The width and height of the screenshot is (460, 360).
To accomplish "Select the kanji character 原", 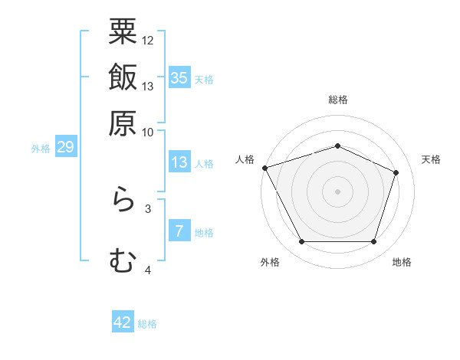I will (x=123, y=122).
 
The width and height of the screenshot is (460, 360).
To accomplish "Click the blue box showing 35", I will (x=179, y=78).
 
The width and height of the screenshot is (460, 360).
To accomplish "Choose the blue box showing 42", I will (x=123, y=322).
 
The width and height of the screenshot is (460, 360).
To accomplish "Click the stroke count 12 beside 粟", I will (x=148, y=40).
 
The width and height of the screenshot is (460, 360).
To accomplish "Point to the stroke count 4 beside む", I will (x=148, y=270).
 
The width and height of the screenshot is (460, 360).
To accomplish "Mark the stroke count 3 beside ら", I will (x=148, y=208).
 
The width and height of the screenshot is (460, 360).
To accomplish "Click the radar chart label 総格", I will (x=338, y=100).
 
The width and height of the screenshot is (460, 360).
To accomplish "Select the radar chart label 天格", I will (x=432, y=159).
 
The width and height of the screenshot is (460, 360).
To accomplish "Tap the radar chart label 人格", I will (x=245, y=159).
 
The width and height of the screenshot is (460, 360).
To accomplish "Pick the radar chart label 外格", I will (x=270, y=263).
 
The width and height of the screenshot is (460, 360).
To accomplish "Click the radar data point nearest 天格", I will (x=396, y=172).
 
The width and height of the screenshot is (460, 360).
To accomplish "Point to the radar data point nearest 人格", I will (x=264, y=168).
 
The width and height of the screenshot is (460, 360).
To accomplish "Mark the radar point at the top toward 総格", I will (x=338, y=146).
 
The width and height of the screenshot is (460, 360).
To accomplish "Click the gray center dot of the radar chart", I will (x=338, y=191).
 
